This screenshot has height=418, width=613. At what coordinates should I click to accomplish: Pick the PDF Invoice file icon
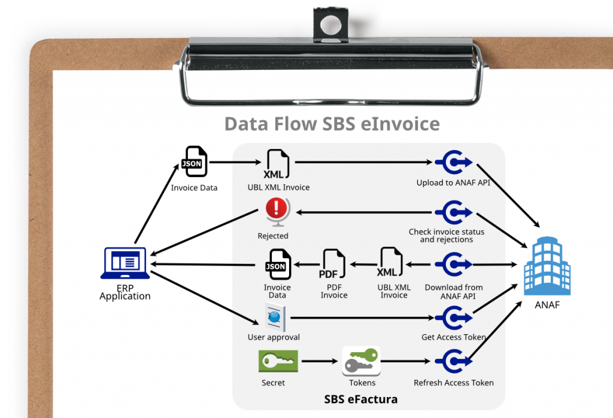tap(333, 264)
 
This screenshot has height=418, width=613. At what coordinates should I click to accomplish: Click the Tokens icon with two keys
tap(362, 361)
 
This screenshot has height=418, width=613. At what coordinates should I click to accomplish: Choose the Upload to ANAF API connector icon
tap(453, 161)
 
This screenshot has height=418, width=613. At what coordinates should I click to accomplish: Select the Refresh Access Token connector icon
tap(453, 361)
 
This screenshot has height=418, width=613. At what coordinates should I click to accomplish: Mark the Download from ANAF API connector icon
tap(453, 264)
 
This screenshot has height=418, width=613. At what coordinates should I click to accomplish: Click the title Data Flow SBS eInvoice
tap(332, 124)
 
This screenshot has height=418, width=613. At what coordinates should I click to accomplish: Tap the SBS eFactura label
tap(360, 399)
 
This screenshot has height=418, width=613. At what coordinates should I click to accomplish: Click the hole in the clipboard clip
tap(328, 25)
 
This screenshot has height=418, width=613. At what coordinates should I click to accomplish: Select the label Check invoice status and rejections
tap(447, 236)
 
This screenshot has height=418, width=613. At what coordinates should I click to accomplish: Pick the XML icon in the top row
tap(277, 163)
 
